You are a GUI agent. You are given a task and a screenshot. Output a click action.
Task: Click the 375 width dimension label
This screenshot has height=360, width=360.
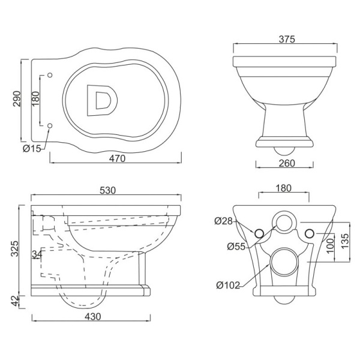pos(287,39)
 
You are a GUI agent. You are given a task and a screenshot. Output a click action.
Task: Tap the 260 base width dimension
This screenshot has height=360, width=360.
pos(287,163)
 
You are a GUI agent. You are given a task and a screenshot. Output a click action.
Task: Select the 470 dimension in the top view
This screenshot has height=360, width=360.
pos(118,158)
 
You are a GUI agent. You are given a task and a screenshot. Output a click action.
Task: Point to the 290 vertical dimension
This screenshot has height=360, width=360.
pos(17,99)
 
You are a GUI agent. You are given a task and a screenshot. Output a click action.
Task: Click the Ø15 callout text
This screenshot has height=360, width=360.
pos(32,149)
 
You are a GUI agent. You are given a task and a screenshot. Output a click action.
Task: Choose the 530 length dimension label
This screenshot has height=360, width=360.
pos(107,190)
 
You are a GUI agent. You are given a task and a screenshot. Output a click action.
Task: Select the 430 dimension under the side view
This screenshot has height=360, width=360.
pos(93,317)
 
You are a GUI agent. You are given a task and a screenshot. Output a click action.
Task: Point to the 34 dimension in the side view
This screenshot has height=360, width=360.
pos(37,254)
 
